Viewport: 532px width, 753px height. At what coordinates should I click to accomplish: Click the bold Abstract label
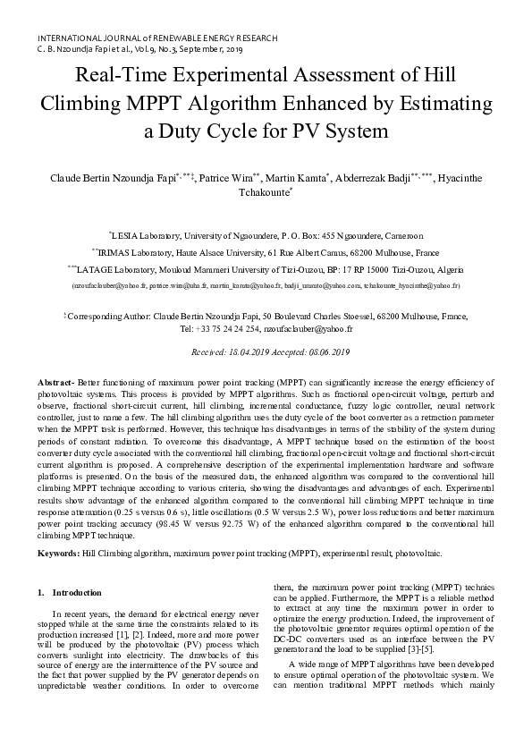tap(56, 382)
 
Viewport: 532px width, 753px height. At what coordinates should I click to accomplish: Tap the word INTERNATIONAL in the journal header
tap(72, 39)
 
